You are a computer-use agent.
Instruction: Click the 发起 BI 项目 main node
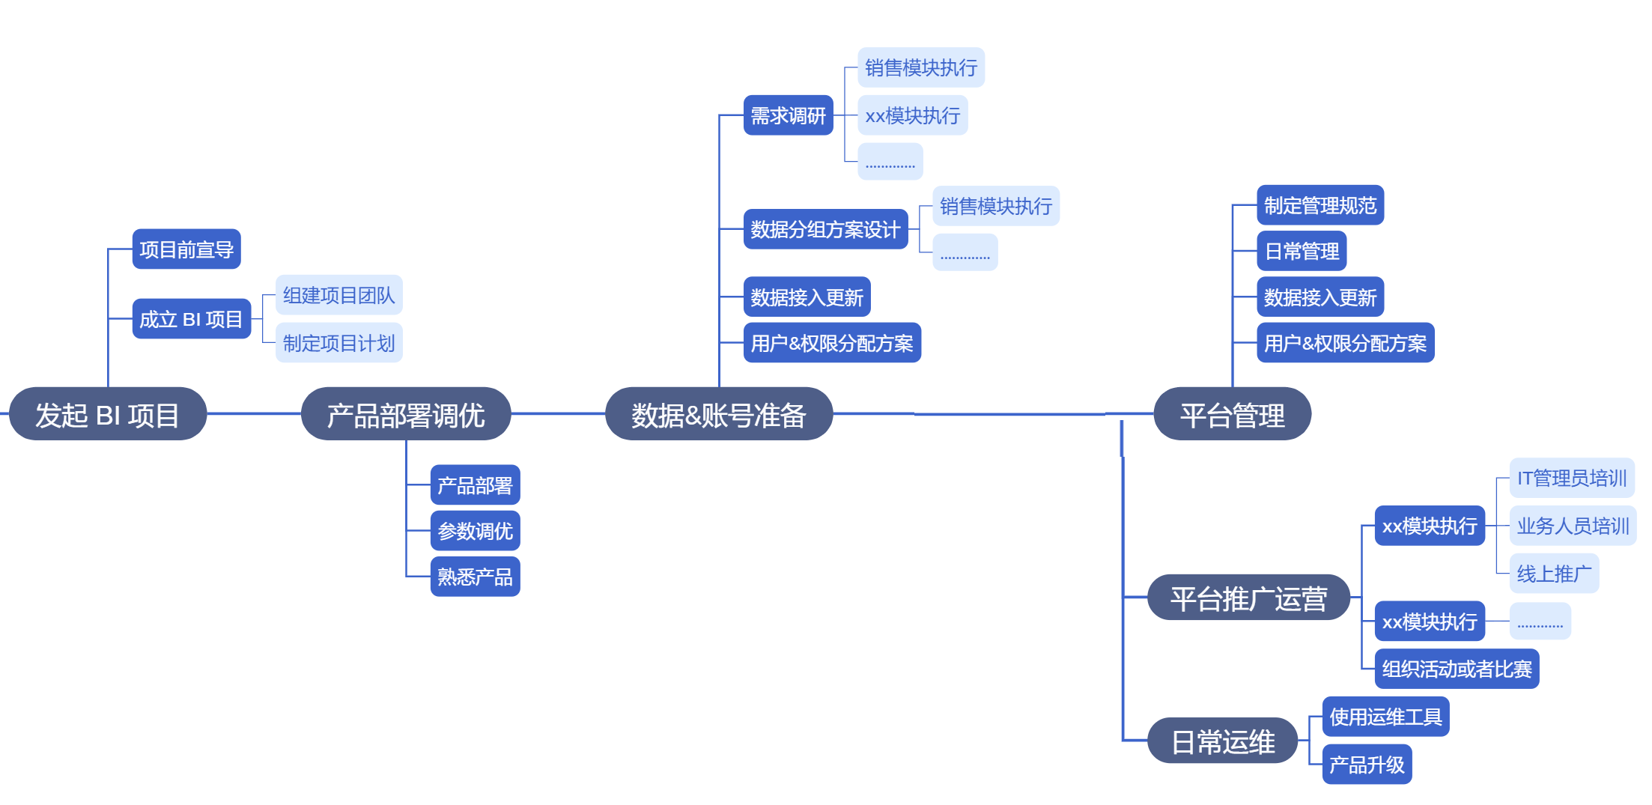(x=107, y=414)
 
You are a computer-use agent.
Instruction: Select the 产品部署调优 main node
(x=405, y=414)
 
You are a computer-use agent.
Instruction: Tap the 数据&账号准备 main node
(x=718, y=414)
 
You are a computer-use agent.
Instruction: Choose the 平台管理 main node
(x=1232, y=414)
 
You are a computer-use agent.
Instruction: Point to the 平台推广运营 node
(x=1248, y=598)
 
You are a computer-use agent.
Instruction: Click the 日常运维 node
(x=1222, y=741)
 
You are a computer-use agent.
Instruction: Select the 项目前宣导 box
(x=186, y=249)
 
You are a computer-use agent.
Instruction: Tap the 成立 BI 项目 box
(x=191, y=319)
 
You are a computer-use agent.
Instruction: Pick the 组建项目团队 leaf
(x=338, y=295)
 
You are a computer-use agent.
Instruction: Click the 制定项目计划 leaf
(x=338, y=343)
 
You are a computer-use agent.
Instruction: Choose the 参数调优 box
(x=475, y=531)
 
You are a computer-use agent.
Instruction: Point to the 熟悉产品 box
(x=475, y=577)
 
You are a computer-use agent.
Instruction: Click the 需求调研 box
(x=788, y=115)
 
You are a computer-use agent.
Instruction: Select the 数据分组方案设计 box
(x=825, y=229)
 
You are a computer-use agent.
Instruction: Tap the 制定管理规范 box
(x=1320, y=205)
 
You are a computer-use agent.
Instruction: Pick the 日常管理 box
(x=1302, y=251)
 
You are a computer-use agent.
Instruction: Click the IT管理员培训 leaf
(x=1571, y=478)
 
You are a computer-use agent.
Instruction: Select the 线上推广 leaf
(x=1554, y=574)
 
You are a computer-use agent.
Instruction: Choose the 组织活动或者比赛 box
(x=1457, y=669)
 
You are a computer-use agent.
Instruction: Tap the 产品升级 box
(x=1367, y=765)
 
